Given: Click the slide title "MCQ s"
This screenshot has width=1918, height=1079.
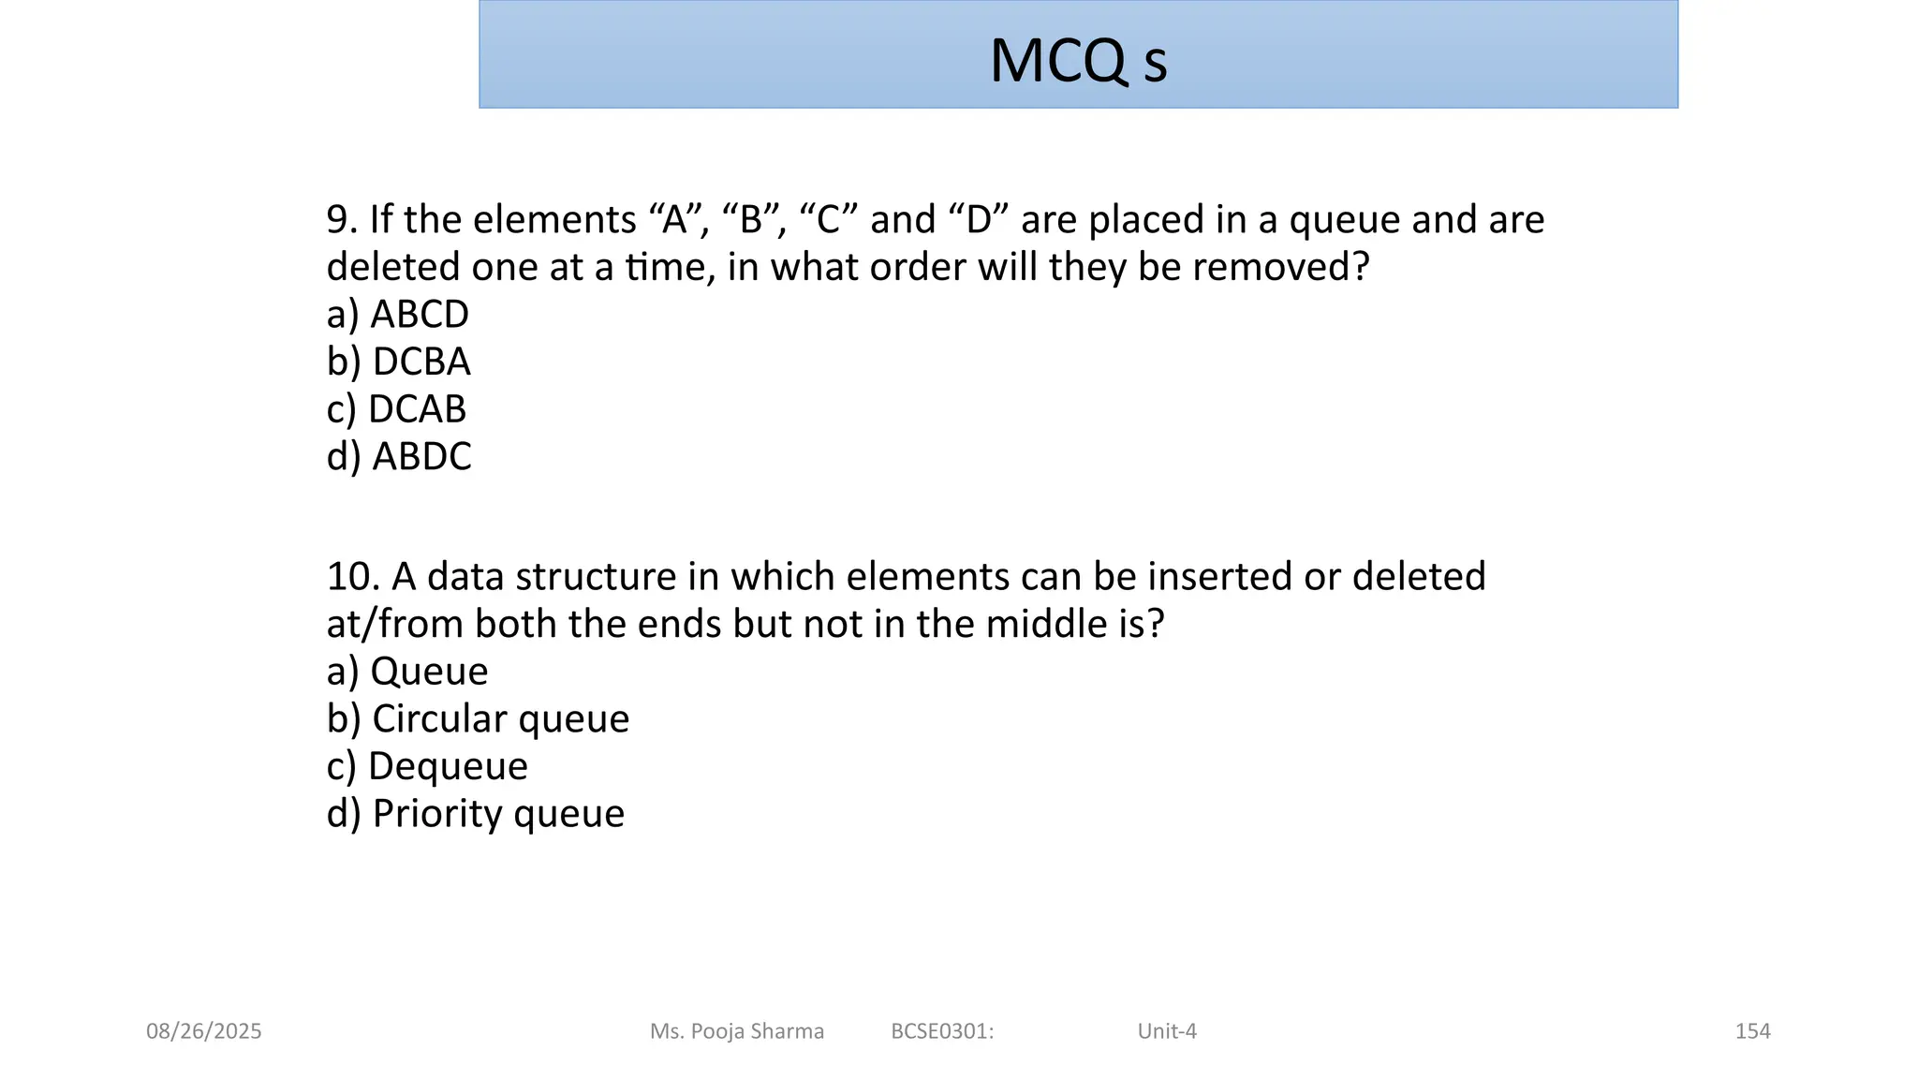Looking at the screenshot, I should point(1078,61).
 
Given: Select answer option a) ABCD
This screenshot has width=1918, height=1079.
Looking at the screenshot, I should point(397,315).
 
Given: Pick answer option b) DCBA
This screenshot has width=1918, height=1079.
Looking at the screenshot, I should point(398,362).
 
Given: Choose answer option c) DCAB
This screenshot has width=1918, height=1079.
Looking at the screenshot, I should point(396,409).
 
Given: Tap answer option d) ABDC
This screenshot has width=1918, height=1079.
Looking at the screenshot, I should point(399,457).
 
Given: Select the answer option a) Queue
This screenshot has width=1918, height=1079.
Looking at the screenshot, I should point(407,672).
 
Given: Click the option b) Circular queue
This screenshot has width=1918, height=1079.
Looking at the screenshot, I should point(478,719).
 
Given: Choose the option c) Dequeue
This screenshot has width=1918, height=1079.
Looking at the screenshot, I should point(427,766).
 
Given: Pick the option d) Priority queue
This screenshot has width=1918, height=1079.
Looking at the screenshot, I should point(475,814).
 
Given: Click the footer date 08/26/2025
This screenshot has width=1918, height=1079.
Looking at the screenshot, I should point(204,1031).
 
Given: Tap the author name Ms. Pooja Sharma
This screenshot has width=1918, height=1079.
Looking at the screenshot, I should point(737,1031).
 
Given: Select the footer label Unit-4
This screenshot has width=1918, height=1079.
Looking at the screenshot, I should point(1167,1031).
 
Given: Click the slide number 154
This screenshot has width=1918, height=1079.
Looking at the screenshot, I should point(1752,1031).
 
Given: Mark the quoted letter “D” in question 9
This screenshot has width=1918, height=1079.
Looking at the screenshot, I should point(979,220).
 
